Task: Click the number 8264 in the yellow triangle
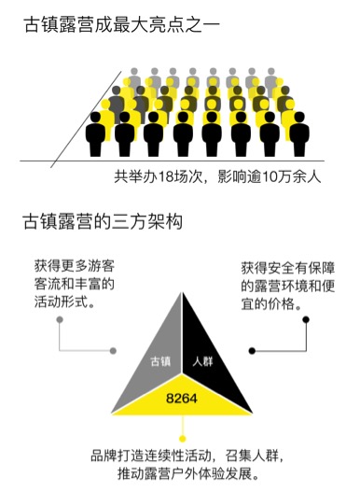[182, 399]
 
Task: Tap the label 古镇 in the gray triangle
[160, 361]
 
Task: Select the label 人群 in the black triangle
[202, 361]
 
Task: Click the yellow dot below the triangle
[182, 439]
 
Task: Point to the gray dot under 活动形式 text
[60, 320]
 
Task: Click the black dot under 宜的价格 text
[306, 320]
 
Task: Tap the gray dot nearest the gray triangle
[113, 351]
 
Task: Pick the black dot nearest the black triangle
[252, 351]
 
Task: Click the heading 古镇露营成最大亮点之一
[122, 25]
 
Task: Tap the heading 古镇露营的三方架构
[103, 222]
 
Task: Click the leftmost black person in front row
[95, 134]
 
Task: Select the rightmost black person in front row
[299, 134]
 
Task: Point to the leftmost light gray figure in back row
[134, 78]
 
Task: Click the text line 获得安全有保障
[288, 268]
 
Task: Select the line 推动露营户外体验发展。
[188, 474]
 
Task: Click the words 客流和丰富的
[75, 284]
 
